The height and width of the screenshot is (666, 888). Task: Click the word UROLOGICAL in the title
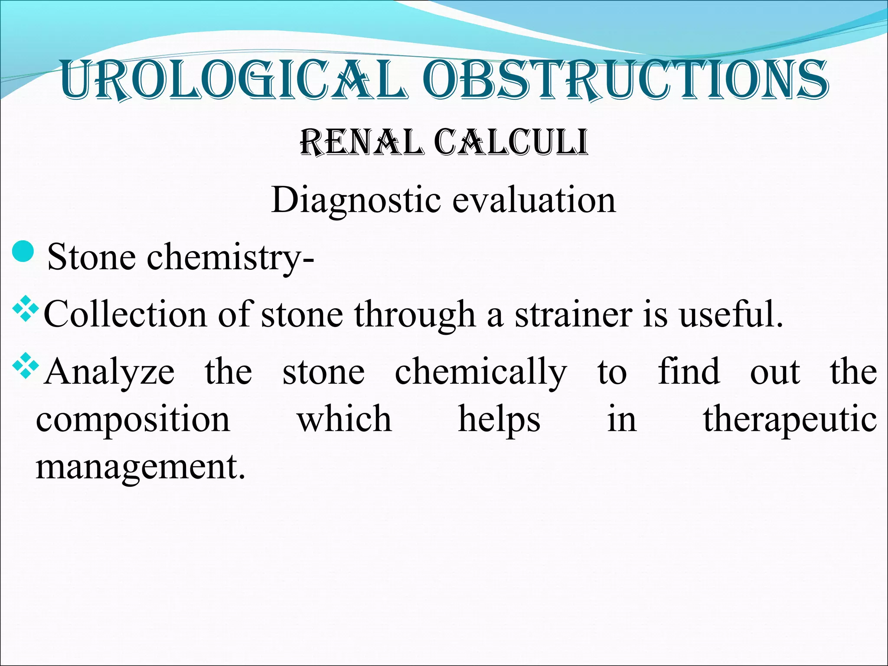click(234, 80)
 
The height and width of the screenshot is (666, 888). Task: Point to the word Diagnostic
click(356, 201)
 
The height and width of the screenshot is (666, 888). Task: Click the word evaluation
click(534, 201)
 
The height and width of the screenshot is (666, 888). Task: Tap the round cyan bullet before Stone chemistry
click(23, 252)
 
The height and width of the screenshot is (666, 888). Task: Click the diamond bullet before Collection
click(26, 309)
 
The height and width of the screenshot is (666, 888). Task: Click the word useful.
click(731, 314)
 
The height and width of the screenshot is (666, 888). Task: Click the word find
click(689, 372)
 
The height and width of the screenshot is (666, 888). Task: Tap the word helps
click(499, 420)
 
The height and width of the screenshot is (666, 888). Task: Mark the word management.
click(140, 467)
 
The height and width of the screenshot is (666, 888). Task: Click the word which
click(344, 419)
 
